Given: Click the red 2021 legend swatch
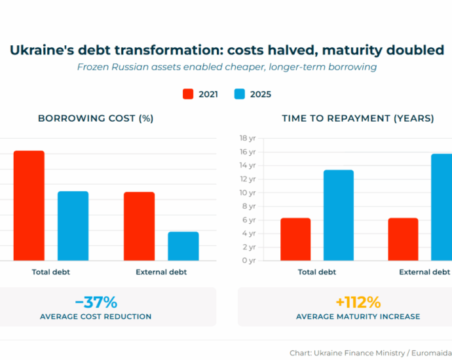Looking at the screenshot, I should click(188, 94).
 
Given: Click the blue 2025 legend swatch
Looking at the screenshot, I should click(239, 94).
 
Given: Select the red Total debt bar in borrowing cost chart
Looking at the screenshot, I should click(29, 206).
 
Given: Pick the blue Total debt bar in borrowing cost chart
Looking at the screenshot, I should click(73, 226).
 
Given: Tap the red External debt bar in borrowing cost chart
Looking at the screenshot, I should click(139, 226).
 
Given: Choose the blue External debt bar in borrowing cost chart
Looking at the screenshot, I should click(183, 246).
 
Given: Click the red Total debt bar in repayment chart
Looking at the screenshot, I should click(295, 239).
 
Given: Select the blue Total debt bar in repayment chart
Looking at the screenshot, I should click(338, 215).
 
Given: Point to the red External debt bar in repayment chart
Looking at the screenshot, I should click(402, 239).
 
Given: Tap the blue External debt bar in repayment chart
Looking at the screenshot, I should click(441, 207).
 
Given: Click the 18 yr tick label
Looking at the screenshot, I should click(247, 138).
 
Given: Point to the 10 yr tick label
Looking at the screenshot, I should click(247, 192).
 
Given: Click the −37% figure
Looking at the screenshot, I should click(96, 302).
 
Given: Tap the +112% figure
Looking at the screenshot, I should click(358, 302).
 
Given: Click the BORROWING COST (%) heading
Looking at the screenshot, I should click(96, 118).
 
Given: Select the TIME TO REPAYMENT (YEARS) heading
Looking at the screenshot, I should click(358, 118).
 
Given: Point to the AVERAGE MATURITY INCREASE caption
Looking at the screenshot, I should click(358, 317).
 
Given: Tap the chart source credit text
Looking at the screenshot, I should click(371, 353).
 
